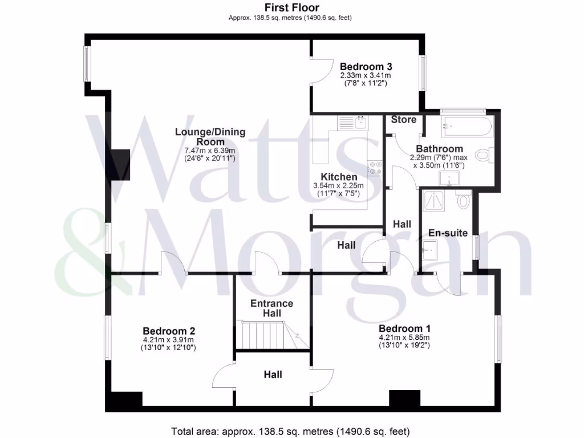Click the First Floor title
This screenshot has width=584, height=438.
[291, 7]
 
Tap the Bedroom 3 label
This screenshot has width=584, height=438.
[365, 66]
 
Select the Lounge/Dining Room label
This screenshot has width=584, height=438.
[210, 137]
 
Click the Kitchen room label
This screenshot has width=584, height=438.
[339, 177]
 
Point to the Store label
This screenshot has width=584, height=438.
[403, 120]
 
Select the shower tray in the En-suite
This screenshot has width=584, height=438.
[437, 201]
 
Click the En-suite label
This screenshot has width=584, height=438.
[448, 233]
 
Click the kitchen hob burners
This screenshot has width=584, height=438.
[375, 166]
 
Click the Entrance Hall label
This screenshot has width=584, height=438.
[272, 309]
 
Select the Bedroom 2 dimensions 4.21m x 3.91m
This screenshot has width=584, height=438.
[169, 340]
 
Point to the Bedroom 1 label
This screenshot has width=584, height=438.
[404, 328]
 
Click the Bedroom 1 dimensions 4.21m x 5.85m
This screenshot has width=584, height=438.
[404, 338]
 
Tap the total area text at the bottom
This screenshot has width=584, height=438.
[291, 431]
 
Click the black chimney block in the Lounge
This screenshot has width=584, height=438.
[120, 165]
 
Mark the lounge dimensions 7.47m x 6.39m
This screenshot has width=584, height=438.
[210, 151]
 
